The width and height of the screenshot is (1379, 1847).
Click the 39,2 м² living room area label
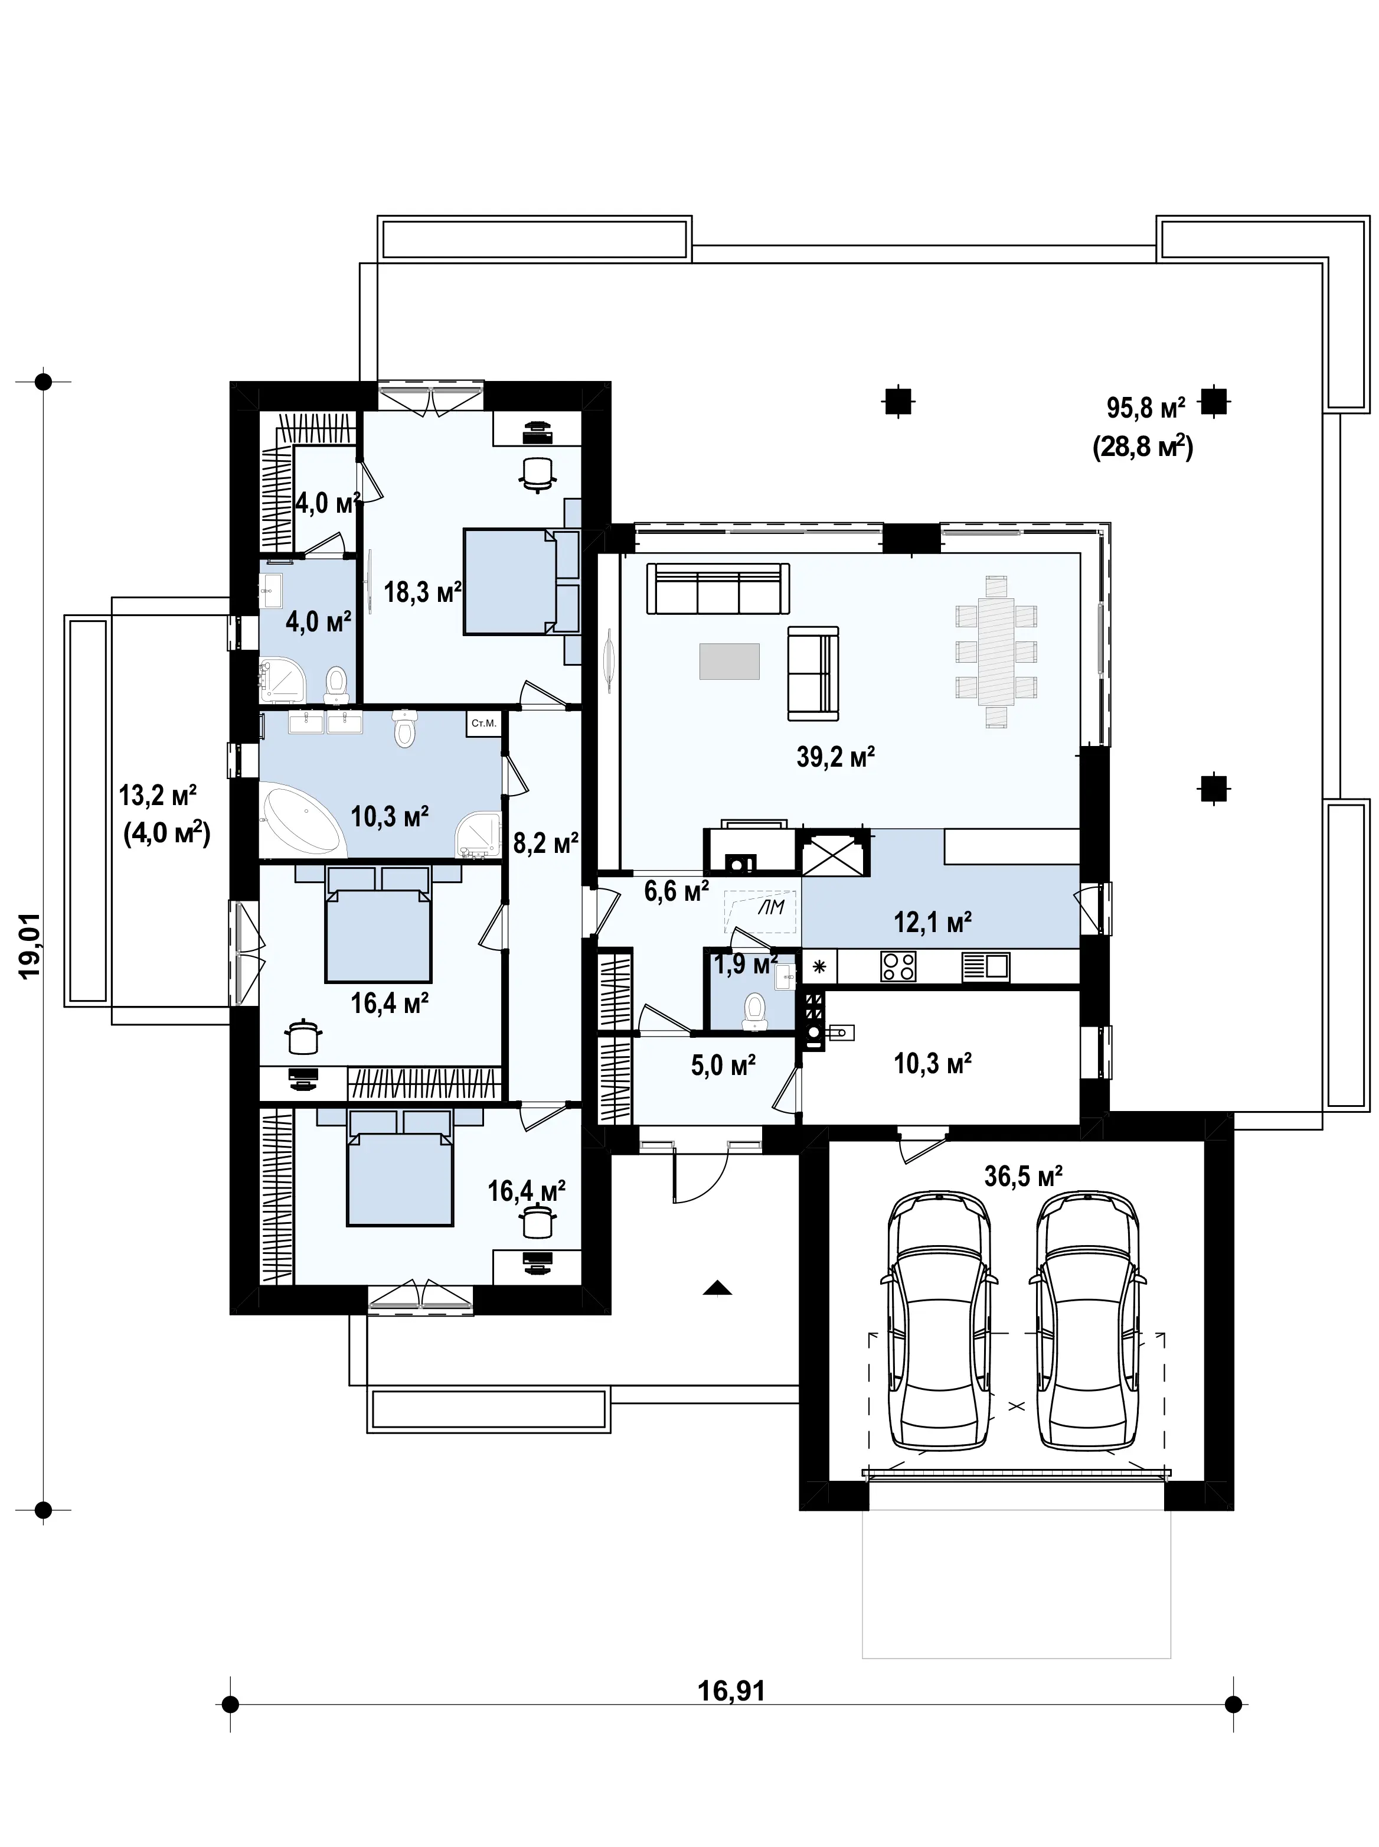(835, 757)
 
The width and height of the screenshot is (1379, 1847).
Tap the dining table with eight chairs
(996, 652)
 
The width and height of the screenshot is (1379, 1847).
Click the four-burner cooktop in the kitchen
(898, 967)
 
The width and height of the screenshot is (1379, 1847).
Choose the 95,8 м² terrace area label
(1146, 408)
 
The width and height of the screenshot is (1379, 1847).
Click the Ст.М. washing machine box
(483, 723)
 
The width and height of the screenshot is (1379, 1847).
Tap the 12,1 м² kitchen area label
(932, 923)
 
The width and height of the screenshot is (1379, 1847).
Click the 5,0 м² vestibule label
(723, 1066)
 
